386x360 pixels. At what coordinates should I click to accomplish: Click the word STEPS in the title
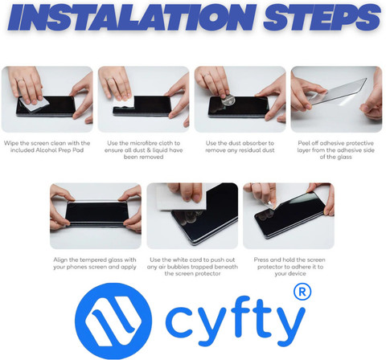tap(322, 17)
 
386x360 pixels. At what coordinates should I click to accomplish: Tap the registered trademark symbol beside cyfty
tap(302, 292)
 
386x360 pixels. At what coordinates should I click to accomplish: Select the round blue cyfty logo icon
tap(113, 321)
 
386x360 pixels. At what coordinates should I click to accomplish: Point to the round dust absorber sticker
tap(228, 101)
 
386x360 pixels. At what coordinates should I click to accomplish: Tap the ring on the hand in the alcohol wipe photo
tap(19, 80)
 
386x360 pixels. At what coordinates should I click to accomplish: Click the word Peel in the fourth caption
tap(304, 143)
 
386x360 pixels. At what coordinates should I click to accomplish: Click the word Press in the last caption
tap(261, 260)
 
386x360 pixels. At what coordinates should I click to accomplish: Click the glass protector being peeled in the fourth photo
tap(338, 91)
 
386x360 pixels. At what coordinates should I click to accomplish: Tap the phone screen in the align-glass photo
tap(96, 213)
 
